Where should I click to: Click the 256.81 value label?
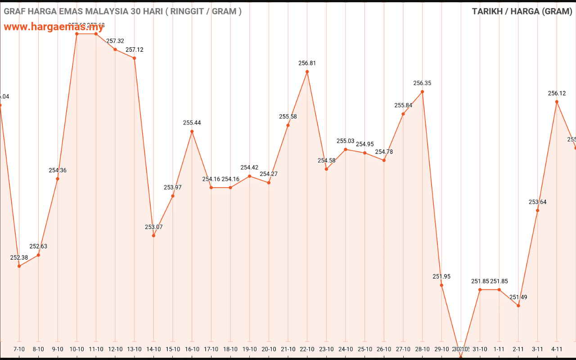[x=307, y=63]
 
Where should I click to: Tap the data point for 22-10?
[x=307, y=72]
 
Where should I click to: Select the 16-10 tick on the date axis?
[x=192, y=349]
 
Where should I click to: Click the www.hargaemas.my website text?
[x=54, y=27]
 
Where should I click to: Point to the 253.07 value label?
[x=153, y=227]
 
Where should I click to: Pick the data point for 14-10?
[x=153, y=235]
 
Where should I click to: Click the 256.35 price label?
[x=423, y=83]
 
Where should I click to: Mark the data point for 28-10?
[x=423, y=92]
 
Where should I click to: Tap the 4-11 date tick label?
[x=557, y=349]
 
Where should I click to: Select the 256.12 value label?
[x=557, y=94]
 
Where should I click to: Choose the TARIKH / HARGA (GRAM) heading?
[x=522, y=11]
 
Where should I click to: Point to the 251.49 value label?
[x=518, y=297]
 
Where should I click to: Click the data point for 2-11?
[x=518, y=306]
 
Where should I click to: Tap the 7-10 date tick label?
[x=19, y=349]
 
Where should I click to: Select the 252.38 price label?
[x=19, y=258]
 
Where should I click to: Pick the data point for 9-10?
[x=58, y=179]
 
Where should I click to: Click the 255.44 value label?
[x=192, y=123]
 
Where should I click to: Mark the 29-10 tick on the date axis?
[x=441, y=349]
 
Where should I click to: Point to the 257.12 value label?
[x=135, y=50]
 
